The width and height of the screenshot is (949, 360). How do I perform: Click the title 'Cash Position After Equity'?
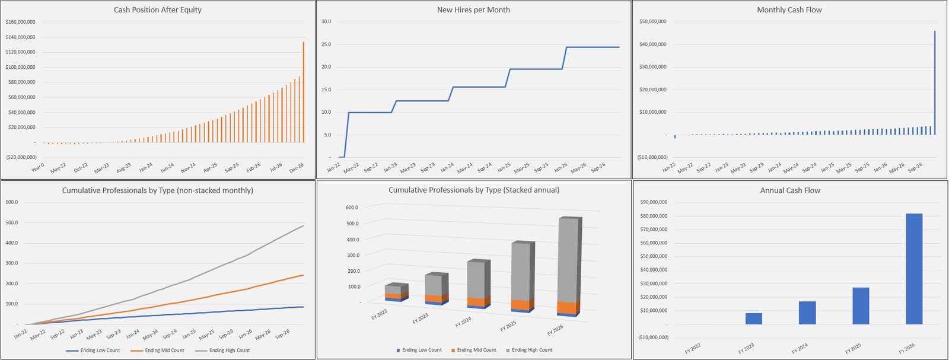[x=158, y=10]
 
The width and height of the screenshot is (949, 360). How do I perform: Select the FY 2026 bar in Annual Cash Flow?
[x=914, y=269]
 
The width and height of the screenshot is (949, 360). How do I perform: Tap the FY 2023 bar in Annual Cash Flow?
[x=753, y=318]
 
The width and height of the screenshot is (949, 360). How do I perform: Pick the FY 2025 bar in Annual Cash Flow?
[x=861, y=305]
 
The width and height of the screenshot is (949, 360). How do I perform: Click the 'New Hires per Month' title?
[x=473, y=10]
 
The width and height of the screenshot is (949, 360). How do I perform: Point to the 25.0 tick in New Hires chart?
[x=326, y=44]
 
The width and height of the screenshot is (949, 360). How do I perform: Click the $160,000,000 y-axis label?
[x=20, y=22]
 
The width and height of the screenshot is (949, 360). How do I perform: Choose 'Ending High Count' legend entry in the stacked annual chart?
[x=531, y=350]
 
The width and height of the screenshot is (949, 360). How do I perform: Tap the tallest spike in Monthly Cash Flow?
[x=935, y=83]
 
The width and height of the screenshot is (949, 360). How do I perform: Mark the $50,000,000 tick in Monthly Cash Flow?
[x=652, y=22]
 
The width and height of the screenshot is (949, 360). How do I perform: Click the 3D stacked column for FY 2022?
[x=396, y=293]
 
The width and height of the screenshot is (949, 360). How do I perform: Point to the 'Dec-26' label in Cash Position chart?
[x=296, y=168]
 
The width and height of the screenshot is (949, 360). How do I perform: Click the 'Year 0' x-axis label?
[x=37, y=168]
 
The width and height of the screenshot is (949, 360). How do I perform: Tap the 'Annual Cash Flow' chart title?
[x=790, y=190]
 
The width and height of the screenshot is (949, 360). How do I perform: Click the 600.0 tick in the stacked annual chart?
[x=352, y=208]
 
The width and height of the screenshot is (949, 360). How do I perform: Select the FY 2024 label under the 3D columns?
[x=463, y=322]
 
